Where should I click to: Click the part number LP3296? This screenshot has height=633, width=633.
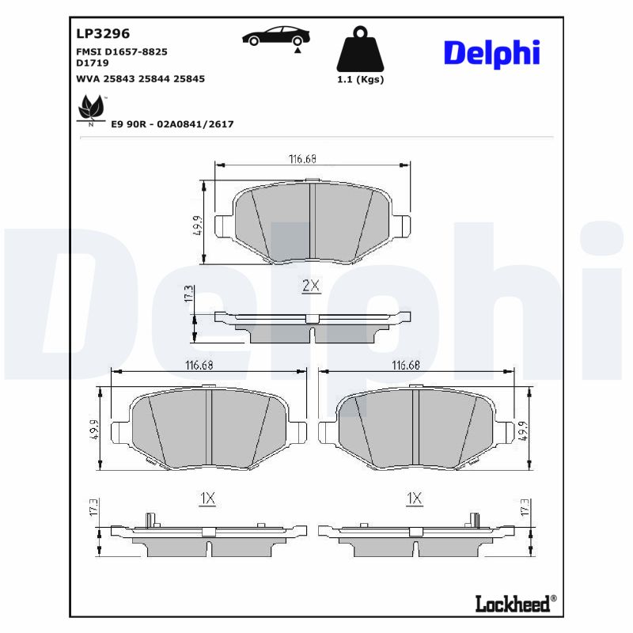pos(103,34)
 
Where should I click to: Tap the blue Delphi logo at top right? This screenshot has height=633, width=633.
pos(491,53)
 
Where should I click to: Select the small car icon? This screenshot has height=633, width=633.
pos(276,37)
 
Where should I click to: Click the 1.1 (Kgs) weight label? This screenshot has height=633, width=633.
pos(360,80)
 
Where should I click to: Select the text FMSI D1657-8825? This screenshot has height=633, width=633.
pos(121,51)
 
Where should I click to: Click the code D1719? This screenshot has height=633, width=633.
pos(93,62)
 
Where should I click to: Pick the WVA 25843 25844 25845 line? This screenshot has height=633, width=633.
pos(140,78)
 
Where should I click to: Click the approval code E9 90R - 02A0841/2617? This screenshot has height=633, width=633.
pos(172,124)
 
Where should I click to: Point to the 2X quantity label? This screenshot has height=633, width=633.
pos(311,286)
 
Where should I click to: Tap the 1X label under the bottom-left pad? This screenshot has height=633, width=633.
pos(207,498)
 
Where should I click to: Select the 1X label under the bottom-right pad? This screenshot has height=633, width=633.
pos(414,498)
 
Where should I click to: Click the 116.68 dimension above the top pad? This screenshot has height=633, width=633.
pos(302,159)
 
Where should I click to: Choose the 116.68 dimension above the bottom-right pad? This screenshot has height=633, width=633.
pos(406,365)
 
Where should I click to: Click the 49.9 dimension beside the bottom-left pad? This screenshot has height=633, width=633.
pos(93,428)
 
